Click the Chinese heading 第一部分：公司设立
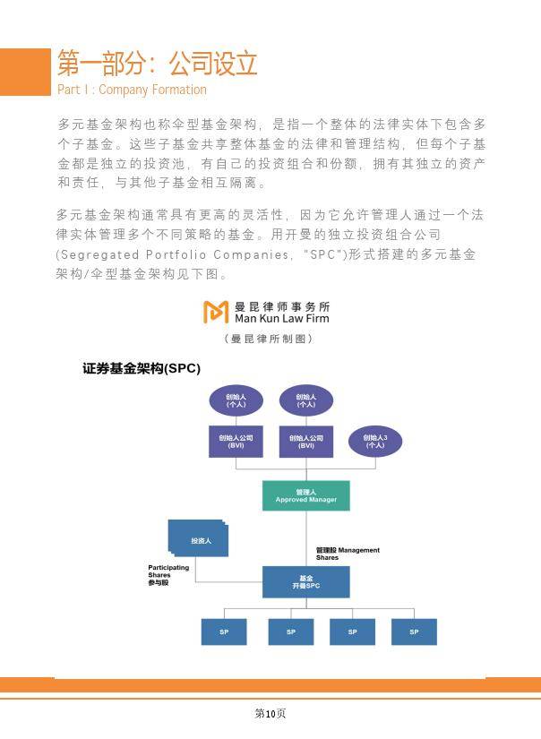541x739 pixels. tap(158, 63)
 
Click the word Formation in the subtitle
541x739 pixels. tap(176, 90)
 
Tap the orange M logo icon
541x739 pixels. tap(216, 312)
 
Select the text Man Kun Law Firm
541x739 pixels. tap(281, 318)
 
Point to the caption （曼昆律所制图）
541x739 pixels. tap(270, 339)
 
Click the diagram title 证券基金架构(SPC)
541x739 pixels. tap(142, 368)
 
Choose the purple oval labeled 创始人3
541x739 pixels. tap(374, 441)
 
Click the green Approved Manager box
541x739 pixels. tap(306, 495)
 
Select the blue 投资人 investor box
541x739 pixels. tap(200, 541)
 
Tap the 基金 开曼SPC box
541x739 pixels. tap(306, 581)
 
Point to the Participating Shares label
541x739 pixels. tap(168, 574)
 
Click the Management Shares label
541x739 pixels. tap(348, 554)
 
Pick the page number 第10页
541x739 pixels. tap(270, 714)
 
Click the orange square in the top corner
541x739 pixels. tap(24, 71)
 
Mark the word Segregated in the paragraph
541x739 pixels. tap(96, 254)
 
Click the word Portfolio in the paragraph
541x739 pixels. tap(179, 254)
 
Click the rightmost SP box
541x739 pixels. tap(414, 632)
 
